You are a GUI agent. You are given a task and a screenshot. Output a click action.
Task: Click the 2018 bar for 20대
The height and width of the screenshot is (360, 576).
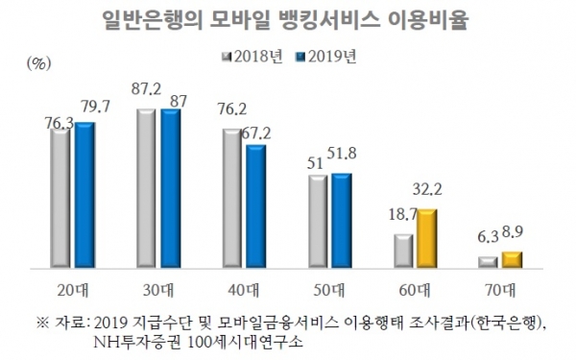(60, 197)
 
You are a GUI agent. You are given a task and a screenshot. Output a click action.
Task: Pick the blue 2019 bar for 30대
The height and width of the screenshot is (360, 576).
(171, 188)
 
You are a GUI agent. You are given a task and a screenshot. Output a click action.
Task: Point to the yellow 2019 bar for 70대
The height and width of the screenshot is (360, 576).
(513, 259)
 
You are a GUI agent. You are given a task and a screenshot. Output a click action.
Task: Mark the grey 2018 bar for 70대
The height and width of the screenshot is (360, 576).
(488, 261)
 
